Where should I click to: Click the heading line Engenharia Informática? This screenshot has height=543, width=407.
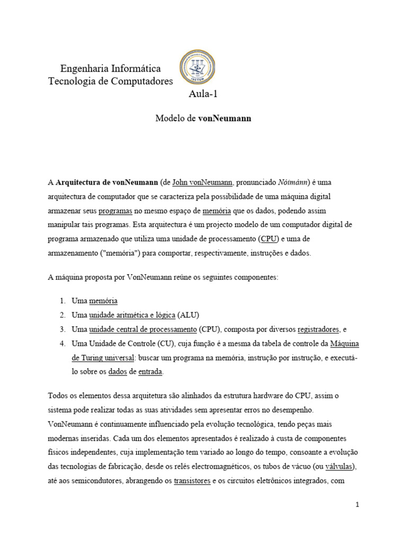(110, 69)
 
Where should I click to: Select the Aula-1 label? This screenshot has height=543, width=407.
(203, 94)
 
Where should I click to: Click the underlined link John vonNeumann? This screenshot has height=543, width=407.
(202, 182)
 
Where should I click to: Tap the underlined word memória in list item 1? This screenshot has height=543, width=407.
(103, 300)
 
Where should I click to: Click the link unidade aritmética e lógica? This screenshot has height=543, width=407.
(132, 314)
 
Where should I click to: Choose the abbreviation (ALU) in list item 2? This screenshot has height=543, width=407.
(189, 314)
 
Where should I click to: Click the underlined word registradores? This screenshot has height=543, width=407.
(318, 329)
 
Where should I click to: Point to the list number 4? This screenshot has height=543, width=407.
(61, 344)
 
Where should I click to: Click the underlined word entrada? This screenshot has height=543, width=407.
(151, 372)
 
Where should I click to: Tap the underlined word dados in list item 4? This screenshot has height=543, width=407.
(118, 372)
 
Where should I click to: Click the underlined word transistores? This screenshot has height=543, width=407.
(192, 480)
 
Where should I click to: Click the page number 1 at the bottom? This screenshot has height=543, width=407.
(357, 505)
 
